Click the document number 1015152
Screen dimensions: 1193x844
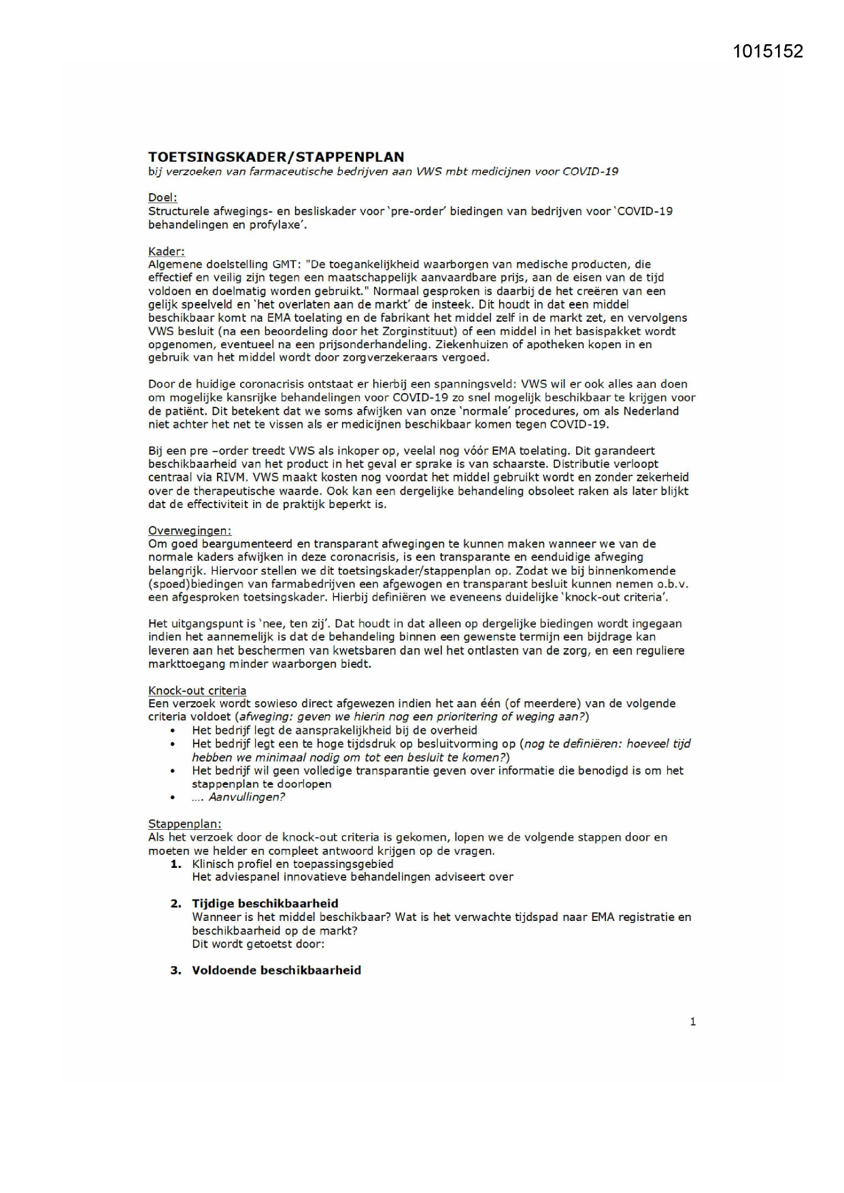tap(768, 52)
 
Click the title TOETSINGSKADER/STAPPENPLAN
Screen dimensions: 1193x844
tap(276, 157)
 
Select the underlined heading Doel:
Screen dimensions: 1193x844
tap(163, 198)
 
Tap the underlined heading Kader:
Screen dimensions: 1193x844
tap(166, 251)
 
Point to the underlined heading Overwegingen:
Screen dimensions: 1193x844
tap(190, 531)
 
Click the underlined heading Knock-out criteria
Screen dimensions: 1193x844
tap(197, 690)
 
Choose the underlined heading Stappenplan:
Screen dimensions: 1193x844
tap(185, 824)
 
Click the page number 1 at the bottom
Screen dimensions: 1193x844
tap(692, 1021)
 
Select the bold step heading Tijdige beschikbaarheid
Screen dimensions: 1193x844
tap(265, 903)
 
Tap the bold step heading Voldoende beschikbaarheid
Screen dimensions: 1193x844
tap(276, 970)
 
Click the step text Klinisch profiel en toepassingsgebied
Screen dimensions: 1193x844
tap(292, 864)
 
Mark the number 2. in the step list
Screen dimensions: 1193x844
tap(176, 903)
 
